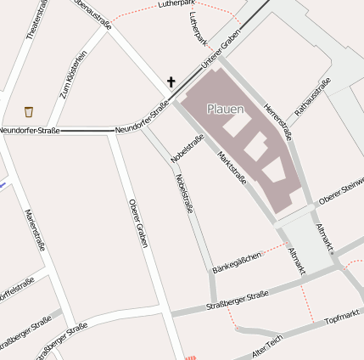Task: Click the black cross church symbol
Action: point(171,82)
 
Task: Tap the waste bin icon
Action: point(29,111)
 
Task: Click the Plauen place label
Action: point(225,109)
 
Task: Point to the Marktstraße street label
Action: point(232,167)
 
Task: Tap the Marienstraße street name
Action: point(35,230)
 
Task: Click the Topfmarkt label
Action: point(343,317)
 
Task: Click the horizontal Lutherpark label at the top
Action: point(176,5)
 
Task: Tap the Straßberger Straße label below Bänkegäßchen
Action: point(238,300)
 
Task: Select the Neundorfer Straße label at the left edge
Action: point(29,129)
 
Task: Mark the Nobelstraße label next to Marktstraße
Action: point(187,149)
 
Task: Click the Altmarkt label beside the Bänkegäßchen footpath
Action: point(296,262)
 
